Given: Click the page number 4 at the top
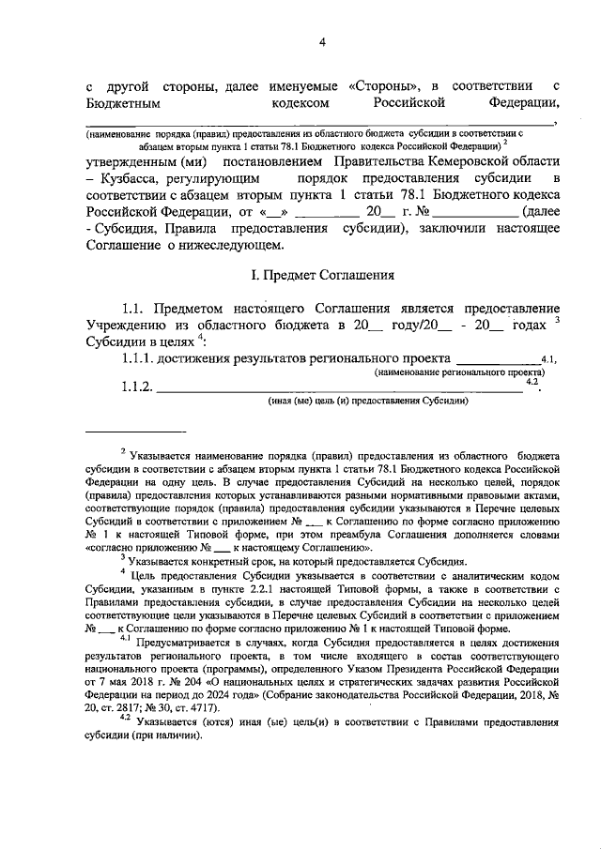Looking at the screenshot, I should [x=322, y=42].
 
